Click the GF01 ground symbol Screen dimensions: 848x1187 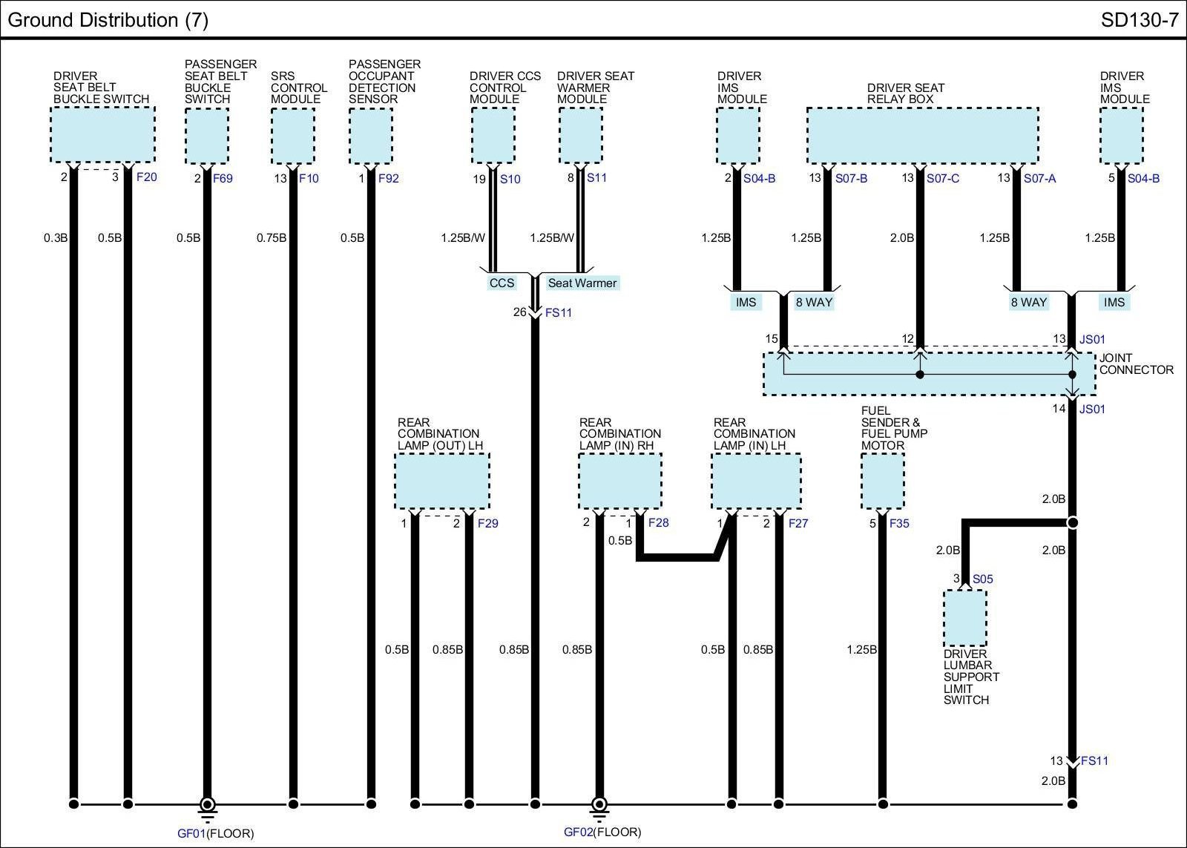coord(208,805)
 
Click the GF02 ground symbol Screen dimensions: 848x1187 coord(599,805)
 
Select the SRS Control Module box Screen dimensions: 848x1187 coord(293,135)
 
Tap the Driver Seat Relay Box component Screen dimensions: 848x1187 coord(922,135)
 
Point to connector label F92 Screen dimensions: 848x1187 coord(389,179)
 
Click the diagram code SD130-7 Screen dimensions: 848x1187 coord(1139,20)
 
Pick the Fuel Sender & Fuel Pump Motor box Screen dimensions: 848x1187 coord(883,481)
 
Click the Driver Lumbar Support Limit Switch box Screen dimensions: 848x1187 coord(964,618)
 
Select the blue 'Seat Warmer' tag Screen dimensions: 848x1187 coord(582,283)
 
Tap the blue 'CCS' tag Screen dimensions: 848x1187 coord(502,283)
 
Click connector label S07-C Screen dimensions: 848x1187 coord(943,179)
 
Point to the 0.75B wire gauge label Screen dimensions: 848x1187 coord(272,238)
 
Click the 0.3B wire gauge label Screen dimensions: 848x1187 coord(56,238)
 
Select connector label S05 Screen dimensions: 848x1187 coord(982,579)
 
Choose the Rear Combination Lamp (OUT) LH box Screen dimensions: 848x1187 coord(442,481)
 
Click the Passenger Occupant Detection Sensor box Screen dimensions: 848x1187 coord(371,135)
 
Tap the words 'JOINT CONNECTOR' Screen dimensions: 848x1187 coord(1136,364)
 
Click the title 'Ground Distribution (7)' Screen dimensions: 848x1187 coord(108,20)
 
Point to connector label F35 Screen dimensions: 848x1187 coord(899,524)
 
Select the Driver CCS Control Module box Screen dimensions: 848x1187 coord(493,135)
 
